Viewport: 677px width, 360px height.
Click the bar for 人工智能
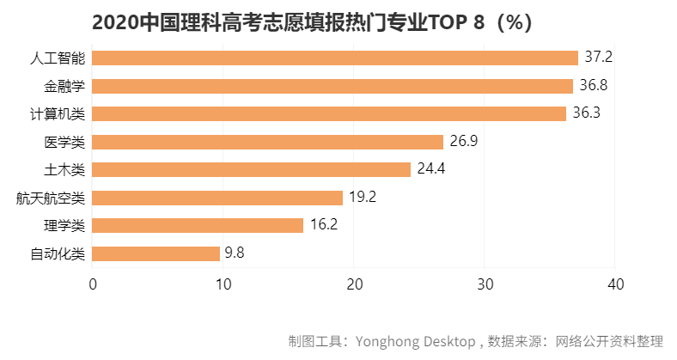tap(335, 58)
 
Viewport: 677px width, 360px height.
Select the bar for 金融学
tap(332, 86)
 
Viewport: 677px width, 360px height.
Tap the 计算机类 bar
tap(329, 113)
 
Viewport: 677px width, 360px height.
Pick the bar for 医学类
tap(267, 142)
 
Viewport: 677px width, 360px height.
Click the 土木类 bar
tap(251, 169)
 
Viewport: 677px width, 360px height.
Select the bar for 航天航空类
tap(217, 198)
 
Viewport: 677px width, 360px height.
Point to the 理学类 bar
tap(198, 225)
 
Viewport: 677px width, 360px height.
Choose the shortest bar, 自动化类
tap(156, 253)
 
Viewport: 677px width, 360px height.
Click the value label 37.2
tap(598, 58)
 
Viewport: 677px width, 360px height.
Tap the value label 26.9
tap(464, 142)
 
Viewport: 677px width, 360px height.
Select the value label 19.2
tap(363, 198)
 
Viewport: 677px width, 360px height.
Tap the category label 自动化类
tap(58, 254)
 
